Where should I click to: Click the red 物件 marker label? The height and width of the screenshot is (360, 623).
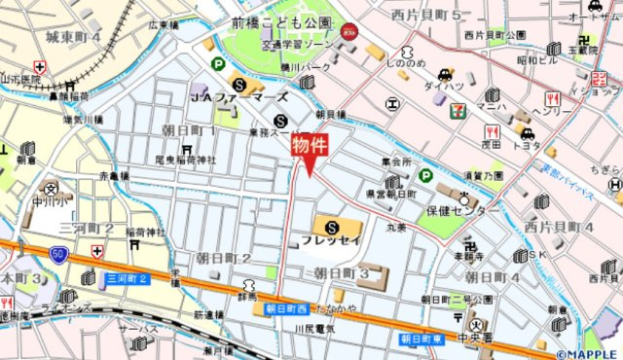point(310,145)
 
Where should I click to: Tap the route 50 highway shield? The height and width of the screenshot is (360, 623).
point(58,254)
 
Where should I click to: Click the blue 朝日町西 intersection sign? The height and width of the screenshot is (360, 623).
point(281,308)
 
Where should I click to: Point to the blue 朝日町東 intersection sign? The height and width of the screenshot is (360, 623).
point(421,339)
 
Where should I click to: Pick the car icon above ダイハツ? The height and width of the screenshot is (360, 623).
point(444,73)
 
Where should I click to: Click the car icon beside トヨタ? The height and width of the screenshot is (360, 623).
point(527,133)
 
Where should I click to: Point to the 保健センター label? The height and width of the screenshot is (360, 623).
point(462,209)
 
